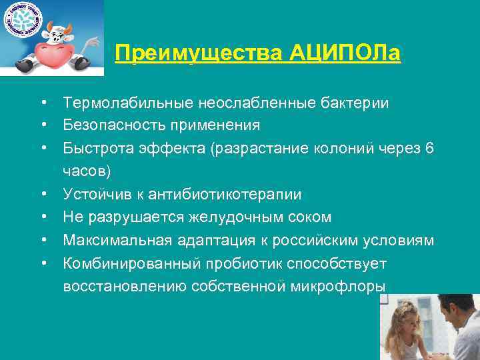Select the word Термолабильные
click(127, 103)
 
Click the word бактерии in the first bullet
click(355, 103)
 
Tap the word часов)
click(87, 171)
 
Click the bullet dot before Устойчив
click(43, 195)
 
